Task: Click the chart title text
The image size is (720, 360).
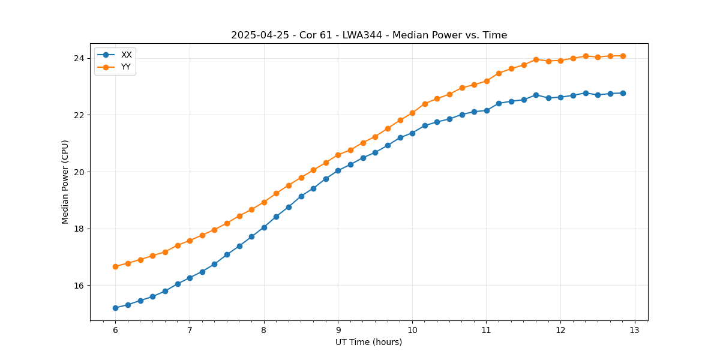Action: [369, 35]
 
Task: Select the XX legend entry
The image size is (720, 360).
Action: [126, 55]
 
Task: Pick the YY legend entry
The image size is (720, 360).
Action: [126, 67]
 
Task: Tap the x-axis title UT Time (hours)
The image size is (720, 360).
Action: [368, 342]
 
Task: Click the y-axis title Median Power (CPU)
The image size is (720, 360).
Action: [65, 182]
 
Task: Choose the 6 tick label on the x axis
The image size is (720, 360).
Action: [115, 331]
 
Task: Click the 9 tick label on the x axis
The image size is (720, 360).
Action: [338, 331]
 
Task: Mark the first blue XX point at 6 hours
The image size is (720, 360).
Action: [115, 308]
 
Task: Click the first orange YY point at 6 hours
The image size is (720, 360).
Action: [115, 266]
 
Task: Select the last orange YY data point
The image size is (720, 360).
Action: [623, 56]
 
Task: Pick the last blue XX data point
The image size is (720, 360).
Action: [623, 93]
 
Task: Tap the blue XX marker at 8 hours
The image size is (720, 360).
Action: [264, 227]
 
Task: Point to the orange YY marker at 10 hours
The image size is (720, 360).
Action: [412, 113]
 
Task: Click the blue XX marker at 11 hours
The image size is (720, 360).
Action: [487, 110]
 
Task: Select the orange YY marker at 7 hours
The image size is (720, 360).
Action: [190, 241]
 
